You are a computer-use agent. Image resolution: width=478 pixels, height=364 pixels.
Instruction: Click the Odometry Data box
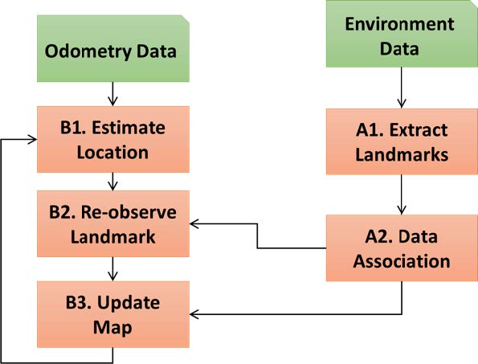pyautogui.click(x=113, y=48)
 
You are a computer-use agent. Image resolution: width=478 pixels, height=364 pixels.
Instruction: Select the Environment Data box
pyautogui.click(x=402, y=34)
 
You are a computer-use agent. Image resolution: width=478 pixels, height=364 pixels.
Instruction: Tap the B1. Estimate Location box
pyautogui.click(x=113, y=139)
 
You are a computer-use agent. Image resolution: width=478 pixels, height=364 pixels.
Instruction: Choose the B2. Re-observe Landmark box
pyautogui.click(x=113, y=223)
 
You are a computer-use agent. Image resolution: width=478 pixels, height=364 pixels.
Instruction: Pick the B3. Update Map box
pyautogui.click(x=113, y=314)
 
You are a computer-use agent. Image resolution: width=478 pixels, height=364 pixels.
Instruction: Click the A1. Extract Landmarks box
pyautogui.click(x=402, y=141)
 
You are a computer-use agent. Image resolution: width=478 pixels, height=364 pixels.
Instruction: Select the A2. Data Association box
pyautogui.click(x=402, y=248)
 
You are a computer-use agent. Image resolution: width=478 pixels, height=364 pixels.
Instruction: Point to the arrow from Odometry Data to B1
pyautogui.click(x=112, y=94)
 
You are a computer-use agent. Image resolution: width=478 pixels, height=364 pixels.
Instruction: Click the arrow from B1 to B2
pyautogui.click(x=112, y=182)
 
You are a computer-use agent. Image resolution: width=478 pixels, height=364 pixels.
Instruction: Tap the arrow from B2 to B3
pyautogui.click(x=112, y=269)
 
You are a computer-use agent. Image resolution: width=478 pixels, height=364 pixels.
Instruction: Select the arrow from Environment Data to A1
pyautogui.click(x=402, y=88)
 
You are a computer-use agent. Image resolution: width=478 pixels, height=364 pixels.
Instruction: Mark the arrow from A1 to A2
pyautogui.click(x=402, y=194)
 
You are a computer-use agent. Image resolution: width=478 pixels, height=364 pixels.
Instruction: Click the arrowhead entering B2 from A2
pyautogui.click(x=194, y=223)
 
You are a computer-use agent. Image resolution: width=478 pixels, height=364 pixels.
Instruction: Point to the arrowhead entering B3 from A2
pyautogui.click(x=194, y=314)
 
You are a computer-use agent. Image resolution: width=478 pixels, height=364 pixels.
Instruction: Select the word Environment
pyautogui.click(x=399, y=24)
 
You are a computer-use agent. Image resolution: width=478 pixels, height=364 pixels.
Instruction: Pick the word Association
pyautogui.click(x=402, y=261)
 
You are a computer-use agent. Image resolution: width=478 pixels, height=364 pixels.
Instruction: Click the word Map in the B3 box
pyautogui.click(x=112, y=328)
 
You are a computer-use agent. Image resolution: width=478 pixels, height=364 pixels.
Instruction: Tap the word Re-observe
pyautogui.click(x=129, y=212)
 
